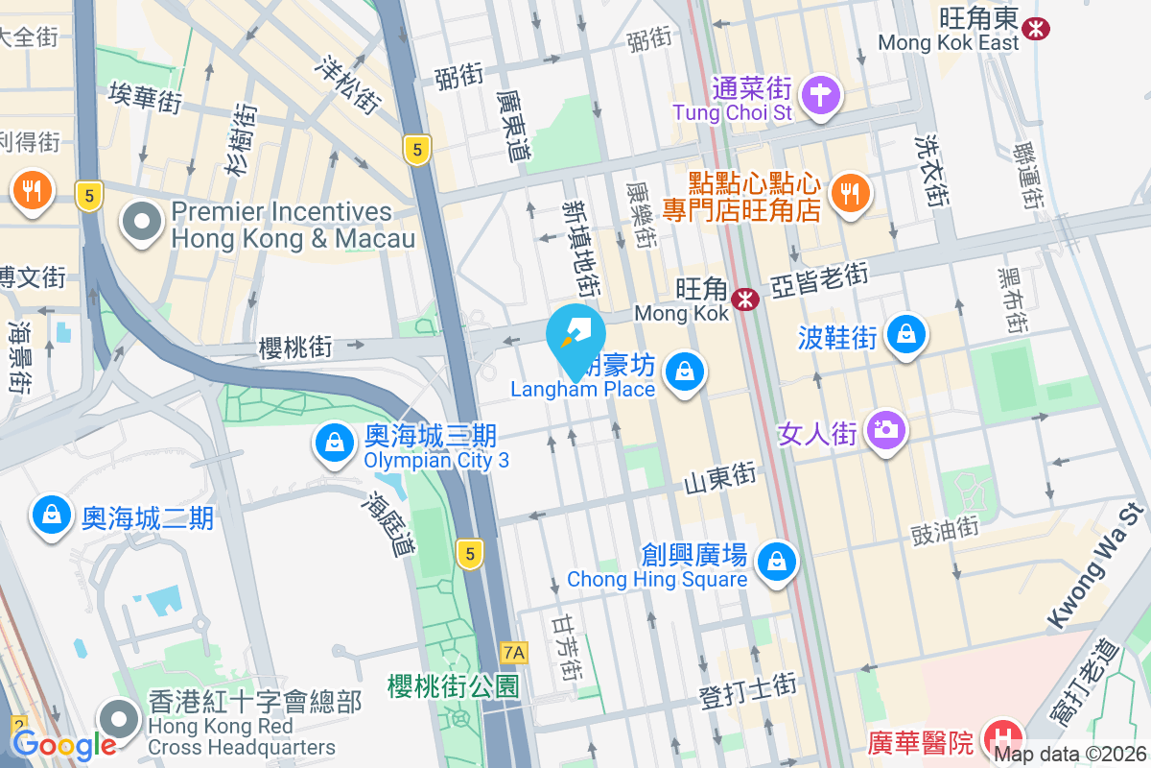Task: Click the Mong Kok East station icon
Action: pyautogui.click(x=1036, y=28)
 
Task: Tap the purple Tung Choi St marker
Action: pyautogui.click(x=823, y=95)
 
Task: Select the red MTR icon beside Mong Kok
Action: pyautogui.click(x=744, y=300)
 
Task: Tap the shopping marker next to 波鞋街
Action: pyautogui.click(x=905, y=335)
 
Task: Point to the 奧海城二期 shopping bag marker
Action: pyautogui.click(x=51, y=515)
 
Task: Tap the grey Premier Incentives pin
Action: pyautogui.click(x=143, y=222)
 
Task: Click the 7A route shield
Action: pyautogui.click(x=514, y=653)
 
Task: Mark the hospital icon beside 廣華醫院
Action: pyautogui.click(x=1003, y=739)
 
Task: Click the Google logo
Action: pyautogui.click(x=64, y=744)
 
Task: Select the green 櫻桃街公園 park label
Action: pyautogui.click(x=454, y=685)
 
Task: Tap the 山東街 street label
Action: pyautogui.click(x=720, y=476)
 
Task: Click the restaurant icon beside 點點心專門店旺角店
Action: pyautogui.click(x=849, y=193)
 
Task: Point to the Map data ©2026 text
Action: pyautogui.click(x=1069, y=755)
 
